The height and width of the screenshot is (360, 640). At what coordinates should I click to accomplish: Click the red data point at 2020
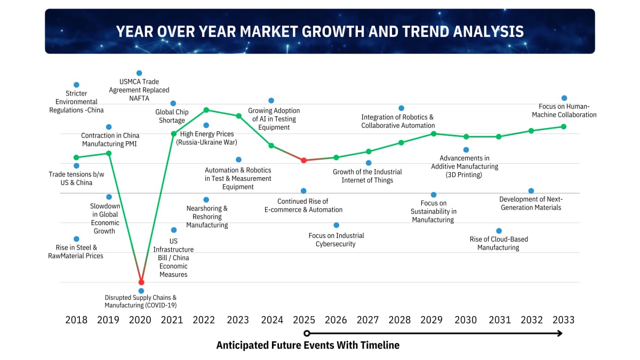141,282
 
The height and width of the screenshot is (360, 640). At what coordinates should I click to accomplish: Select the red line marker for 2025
303,160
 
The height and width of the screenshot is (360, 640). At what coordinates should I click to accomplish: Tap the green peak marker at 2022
206,110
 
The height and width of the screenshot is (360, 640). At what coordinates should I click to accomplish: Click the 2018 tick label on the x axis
76,319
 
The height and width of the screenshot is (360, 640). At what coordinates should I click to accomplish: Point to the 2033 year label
563,319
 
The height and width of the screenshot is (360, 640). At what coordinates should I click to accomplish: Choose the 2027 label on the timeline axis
368,319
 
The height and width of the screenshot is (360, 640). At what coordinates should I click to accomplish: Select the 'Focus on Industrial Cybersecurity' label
336,239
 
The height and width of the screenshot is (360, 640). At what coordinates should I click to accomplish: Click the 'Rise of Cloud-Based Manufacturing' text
499,243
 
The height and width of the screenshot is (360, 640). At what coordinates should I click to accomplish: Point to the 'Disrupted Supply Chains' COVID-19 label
140,301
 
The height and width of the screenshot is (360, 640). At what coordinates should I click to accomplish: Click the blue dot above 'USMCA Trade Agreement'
139,73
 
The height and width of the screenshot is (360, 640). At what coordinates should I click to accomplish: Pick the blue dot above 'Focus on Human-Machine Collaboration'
564,98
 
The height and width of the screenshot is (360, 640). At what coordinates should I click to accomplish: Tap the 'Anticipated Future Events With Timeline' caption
308,345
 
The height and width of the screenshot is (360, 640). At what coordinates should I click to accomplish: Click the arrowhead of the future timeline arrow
559,333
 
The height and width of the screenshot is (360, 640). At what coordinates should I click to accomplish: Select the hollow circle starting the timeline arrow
307,333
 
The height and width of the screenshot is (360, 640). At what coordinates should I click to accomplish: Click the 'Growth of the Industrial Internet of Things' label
367,176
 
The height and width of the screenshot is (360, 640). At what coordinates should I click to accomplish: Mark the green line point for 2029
434,133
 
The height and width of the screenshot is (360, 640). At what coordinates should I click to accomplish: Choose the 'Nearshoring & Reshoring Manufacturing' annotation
207,217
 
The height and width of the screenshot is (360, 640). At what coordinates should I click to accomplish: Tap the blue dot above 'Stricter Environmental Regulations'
76,85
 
